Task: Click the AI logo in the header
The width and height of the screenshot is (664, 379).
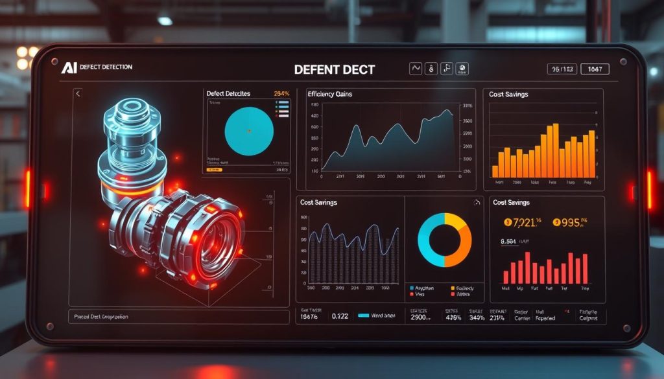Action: (68, 68)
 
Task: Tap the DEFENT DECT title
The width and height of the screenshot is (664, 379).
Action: (334, 69)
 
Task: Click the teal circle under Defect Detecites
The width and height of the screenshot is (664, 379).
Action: (248, 131)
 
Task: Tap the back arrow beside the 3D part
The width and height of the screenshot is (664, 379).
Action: (78, 94)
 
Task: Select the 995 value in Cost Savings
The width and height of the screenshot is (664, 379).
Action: (573, 223)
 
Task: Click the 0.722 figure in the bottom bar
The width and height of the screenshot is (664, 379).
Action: (340, 317)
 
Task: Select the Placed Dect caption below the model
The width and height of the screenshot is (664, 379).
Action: (101, 317)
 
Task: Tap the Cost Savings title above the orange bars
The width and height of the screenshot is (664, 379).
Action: (509, 95)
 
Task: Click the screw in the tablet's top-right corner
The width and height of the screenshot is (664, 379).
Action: (623, 62)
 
